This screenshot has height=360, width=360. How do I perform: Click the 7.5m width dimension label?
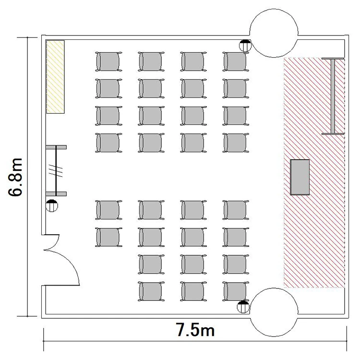(195, 330)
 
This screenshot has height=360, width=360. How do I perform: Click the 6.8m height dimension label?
(15, 177)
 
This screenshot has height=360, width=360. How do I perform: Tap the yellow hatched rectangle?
(55, 77)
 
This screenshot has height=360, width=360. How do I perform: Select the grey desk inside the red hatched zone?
(300, 177)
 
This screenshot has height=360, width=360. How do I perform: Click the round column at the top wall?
(274, 33)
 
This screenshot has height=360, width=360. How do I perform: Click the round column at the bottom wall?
(274, 312)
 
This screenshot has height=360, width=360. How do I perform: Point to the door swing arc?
(69, 264)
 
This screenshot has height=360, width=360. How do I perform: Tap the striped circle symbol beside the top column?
(245, 46)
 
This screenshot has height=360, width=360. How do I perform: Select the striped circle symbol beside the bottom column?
(243, 307)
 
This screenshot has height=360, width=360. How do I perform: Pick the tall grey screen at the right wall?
(333, 96)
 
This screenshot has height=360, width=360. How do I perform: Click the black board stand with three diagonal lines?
(56, 170)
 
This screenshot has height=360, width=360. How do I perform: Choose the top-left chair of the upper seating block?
(108, 61)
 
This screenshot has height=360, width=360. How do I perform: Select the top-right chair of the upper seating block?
(236, 61)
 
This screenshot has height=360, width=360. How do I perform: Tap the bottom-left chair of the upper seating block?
(108, 143)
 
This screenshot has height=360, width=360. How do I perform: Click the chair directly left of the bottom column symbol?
(236, 291)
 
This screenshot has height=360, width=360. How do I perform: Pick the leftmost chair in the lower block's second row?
(108, 237)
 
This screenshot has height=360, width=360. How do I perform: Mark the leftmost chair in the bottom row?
(151, 291)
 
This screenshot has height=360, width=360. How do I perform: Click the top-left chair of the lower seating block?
(108, 210)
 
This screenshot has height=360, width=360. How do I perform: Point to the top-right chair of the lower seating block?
(236, 210)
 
